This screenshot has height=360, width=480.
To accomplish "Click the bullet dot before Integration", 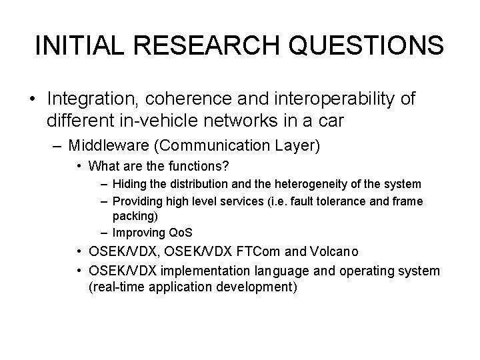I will point(33,100).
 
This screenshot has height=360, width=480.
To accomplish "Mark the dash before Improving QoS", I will point(104,233).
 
